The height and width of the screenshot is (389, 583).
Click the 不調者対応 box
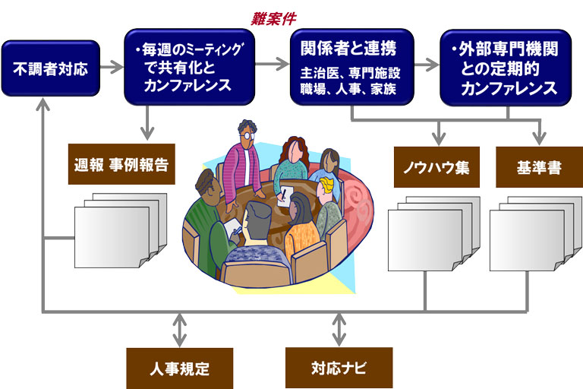click(50, 69)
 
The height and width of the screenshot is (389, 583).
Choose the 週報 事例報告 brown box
click(121, 164)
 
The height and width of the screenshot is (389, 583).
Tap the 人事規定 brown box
click(179, 368)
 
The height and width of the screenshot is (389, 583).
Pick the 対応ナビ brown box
click(339, 368)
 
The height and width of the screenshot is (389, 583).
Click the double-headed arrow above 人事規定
click(179, 330)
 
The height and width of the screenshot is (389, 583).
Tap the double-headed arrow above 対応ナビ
click(339, 330)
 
